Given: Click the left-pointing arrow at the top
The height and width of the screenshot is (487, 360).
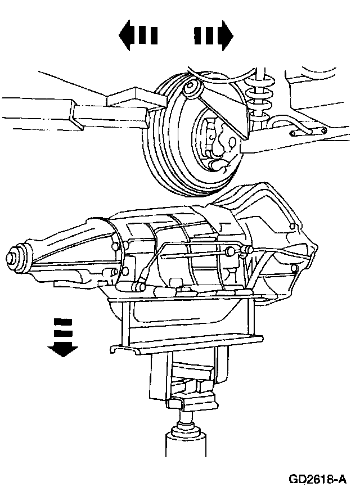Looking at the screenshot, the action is (137, 37).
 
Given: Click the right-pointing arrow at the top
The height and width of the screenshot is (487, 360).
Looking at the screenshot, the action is (214, 37).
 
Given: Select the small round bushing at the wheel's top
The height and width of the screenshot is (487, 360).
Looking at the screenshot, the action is (191, 88).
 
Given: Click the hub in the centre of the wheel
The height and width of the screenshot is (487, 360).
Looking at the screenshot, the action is (217, 143).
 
